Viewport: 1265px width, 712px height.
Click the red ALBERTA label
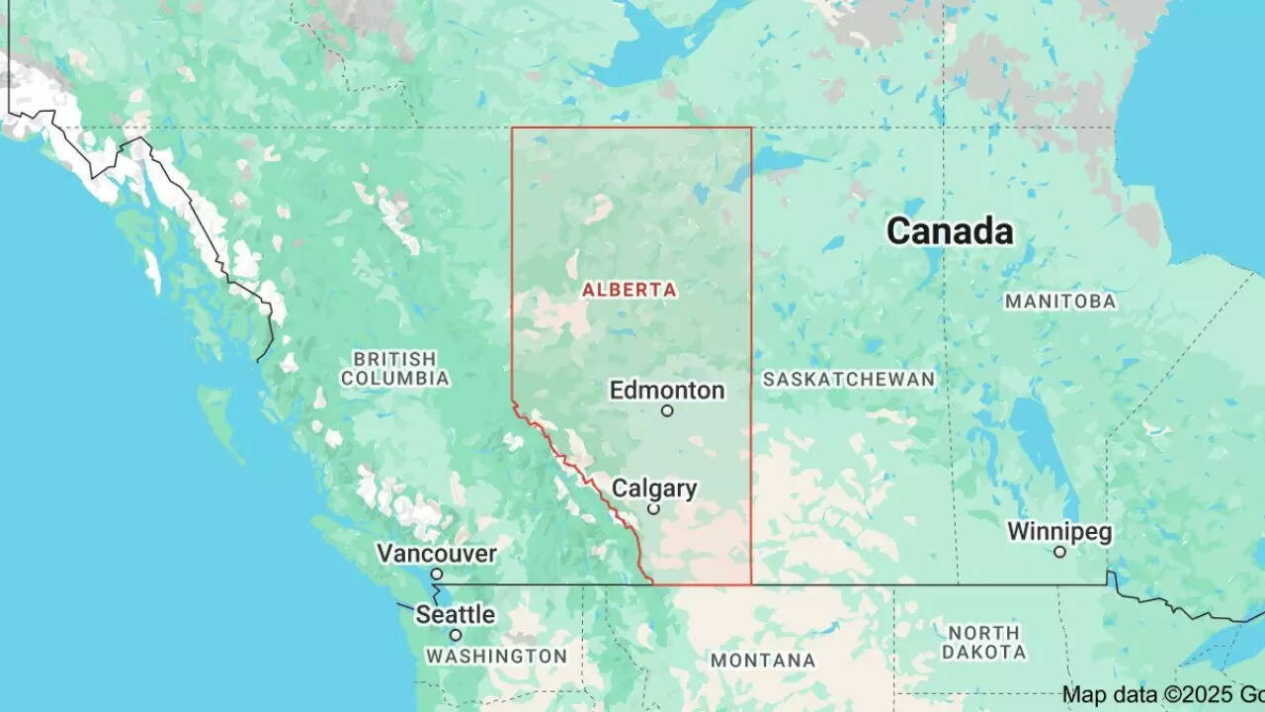[630, 290]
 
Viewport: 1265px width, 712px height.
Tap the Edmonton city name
[667, 390]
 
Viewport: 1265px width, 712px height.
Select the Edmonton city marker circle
[667, 410]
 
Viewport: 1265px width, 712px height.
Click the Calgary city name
[654, 488]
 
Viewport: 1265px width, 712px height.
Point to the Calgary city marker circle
[653, 508]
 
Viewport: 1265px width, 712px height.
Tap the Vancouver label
[436, 553]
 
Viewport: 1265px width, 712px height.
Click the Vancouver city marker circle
[436, 574]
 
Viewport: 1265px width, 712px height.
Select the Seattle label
[455, 614]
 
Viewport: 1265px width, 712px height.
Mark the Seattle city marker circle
[456, 635]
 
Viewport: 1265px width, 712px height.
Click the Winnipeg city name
[1059, 531]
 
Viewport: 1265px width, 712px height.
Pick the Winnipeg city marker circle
[1059, 552]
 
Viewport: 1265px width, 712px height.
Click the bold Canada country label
[950, 230]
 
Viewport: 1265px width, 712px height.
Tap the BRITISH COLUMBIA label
[394, 368]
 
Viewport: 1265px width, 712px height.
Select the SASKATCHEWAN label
[848, 379]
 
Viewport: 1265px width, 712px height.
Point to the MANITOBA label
[1060, 301]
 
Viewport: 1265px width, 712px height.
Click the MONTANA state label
[763, 660]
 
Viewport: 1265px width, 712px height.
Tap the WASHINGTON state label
[496, 656]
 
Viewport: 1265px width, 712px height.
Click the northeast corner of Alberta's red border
[751, 128]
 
